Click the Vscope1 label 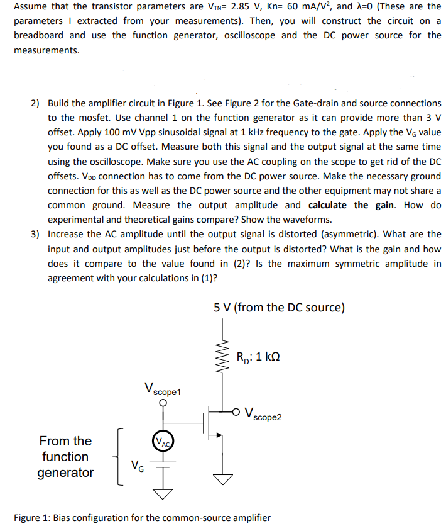tap(162, 388)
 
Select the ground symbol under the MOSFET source tap(222, 479)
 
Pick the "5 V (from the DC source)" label tap(279, 308)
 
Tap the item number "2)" tap(36, 103)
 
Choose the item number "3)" tap(36, 234)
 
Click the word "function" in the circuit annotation tap(65, 457)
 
